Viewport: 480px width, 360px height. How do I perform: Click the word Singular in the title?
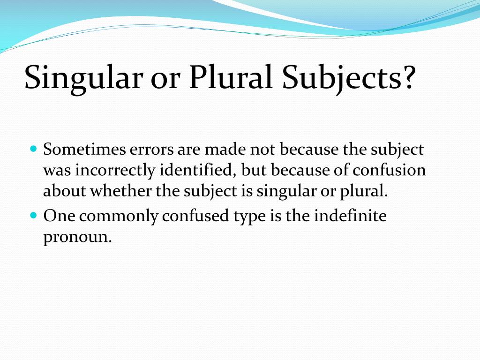point(83,78)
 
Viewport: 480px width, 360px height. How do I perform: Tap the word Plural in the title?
point(231,76)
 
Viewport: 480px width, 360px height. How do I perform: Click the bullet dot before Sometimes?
point(34,149)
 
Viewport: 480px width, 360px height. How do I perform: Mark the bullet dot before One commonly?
point(34,215)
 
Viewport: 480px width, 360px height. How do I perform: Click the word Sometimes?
point(84,150)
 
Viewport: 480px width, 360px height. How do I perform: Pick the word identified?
point(198,170)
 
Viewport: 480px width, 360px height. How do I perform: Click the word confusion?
point(389,170)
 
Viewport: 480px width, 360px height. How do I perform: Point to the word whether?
point(120,191)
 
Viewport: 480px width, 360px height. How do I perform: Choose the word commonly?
point(119,217)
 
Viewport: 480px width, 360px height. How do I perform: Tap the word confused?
point(195,216)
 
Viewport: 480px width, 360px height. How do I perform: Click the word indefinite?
point(350,216)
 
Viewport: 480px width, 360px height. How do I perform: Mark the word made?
point(225,150)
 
